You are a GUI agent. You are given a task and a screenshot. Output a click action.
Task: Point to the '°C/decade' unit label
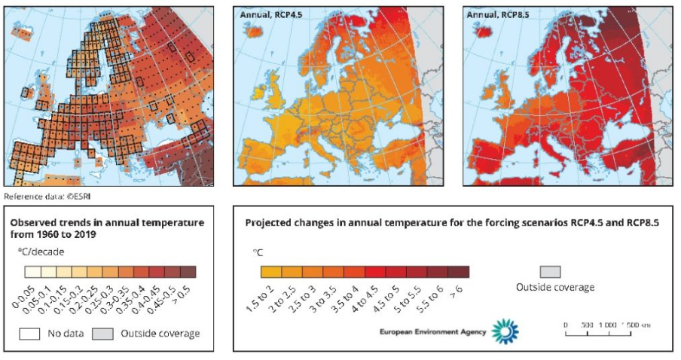(45, 252)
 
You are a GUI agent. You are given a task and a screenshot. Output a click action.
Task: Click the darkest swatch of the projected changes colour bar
(459, 271)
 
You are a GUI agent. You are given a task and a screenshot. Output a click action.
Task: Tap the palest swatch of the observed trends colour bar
(32, 272)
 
